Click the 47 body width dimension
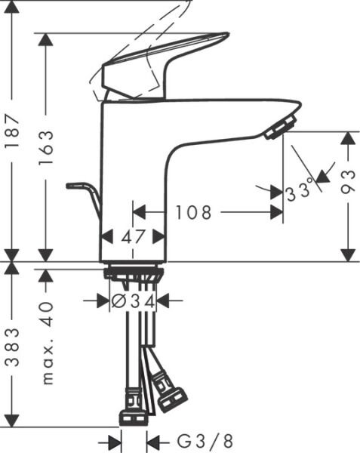pos(133,236)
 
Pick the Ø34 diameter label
pos(133,301)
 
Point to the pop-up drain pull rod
pos(85,193)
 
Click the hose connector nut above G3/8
pos(133,416)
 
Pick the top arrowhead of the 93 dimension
pos(348,138)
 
